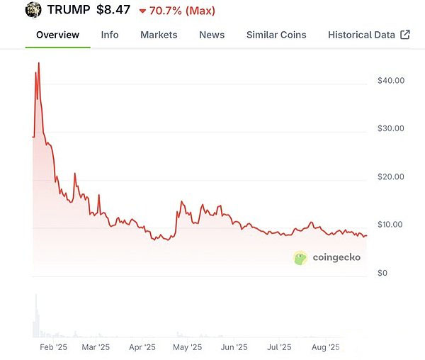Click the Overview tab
coord(57,35)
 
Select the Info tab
coord(110,35)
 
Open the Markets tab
coord(159,35)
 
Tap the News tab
coord(212,35)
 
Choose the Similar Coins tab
coord(276,35)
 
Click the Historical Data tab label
coord(361,35)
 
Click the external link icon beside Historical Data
coord(405,35)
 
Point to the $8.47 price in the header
coord(113,11)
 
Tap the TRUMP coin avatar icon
coord(33,11)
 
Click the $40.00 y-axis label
coord(391,80)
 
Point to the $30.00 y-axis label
coord(391,128)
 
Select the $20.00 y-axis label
coord(391,176)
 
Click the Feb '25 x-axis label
coord(53,347)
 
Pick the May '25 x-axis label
coord(188,347)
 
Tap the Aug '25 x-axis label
coord(326,347)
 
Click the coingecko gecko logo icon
coord(300,258)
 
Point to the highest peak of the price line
coord(38,63)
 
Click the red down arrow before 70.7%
coord(142,11)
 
